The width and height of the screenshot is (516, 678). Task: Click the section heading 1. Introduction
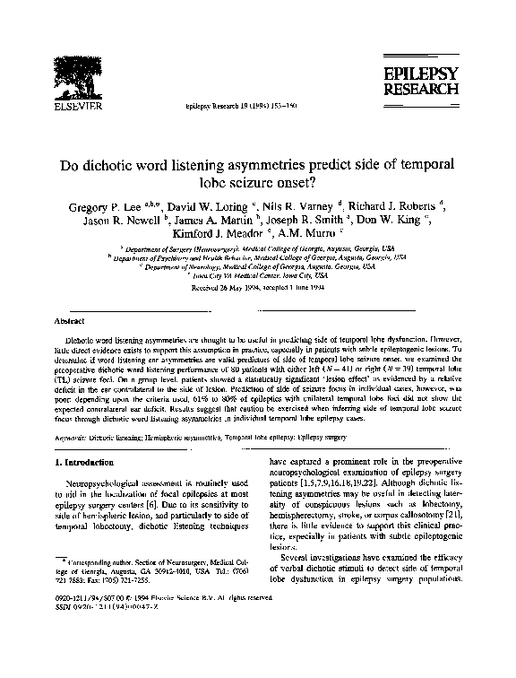click(x=88, y=463)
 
